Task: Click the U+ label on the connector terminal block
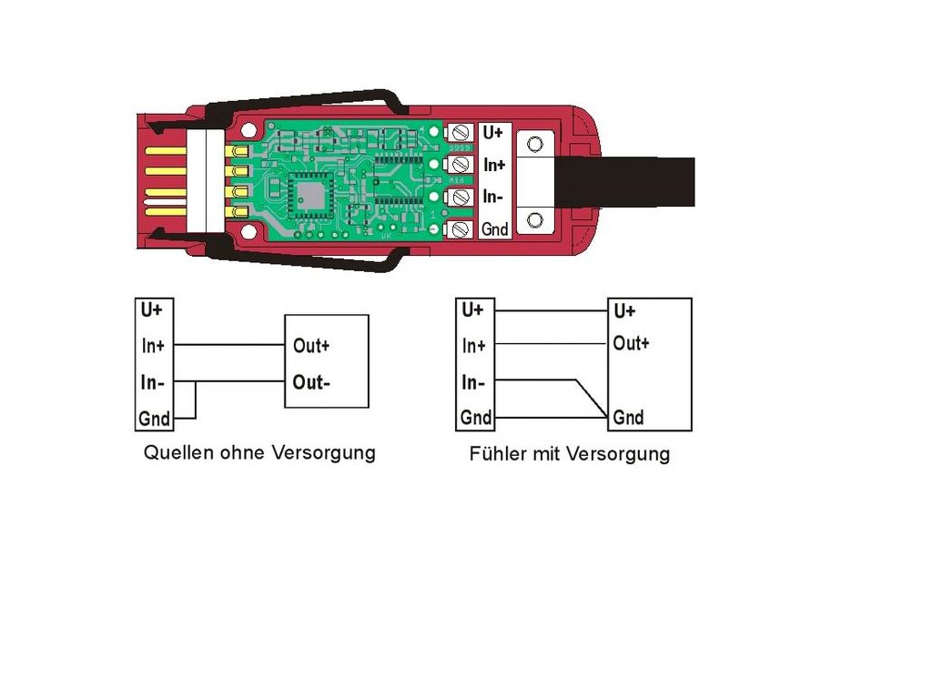(493, 133)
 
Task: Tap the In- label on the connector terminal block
(493, 197)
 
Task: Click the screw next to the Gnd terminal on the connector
(461, 229)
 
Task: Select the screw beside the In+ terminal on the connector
(461, 165)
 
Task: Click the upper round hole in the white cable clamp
(536, 143)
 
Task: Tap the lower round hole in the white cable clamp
(536, 219)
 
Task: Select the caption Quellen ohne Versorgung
(259, 452)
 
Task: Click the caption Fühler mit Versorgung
(570, 453)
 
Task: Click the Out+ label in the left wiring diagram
(311, 346)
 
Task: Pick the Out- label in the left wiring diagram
(311, 382)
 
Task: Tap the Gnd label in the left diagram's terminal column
(154, 419)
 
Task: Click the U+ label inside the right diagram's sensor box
(624, 310)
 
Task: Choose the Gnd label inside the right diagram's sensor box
(628, 418)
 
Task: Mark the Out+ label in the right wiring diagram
(631, 344)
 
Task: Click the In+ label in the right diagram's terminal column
(474, 346)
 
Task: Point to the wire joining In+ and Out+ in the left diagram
(228, 346)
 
